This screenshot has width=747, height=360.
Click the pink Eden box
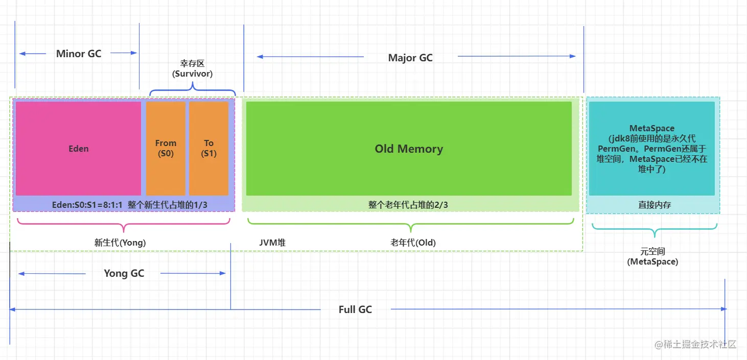78,148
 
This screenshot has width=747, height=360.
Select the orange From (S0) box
166,148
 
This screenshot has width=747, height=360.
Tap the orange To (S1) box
208,148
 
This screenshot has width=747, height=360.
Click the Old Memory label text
409,149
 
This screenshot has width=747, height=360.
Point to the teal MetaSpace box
651,148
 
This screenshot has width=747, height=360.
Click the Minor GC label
79,54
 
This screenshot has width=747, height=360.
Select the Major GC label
410,58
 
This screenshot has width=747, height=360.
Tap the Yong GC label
124,273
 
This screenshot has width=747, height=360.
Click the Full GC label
355,309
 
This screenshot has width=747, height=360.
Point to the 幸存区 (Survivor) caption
192,68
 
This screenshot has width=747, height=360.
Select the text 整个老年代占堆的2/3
408,205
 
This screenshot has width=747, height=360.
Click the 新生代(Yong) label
120,243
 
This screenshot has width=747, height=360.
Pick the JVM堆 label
272,243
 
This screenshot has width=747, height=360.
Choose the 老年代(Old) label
413,243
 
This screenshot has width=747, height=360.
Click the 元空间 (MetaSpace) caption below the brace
652,256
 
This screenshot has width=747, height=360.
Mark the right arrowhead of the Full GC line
723,309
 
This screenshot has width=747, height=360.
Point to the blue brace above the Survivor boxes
193,91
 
